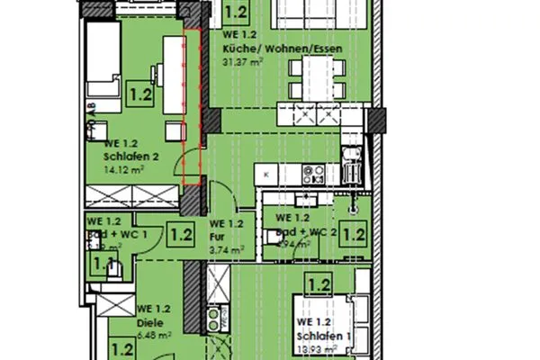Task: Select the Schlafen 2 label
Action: pos(131,155)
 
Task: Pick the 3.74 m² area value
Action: pos(221,249)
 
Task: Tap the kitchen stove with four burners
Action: pos(313,173)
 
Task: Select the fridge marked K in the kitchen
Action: pos(267,173)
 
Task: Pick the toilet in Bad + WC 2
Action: pos(273,236)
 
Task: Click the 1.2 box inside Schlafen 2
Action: pos(141,92)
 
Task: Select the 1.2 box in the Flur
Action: pos(181,236)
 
